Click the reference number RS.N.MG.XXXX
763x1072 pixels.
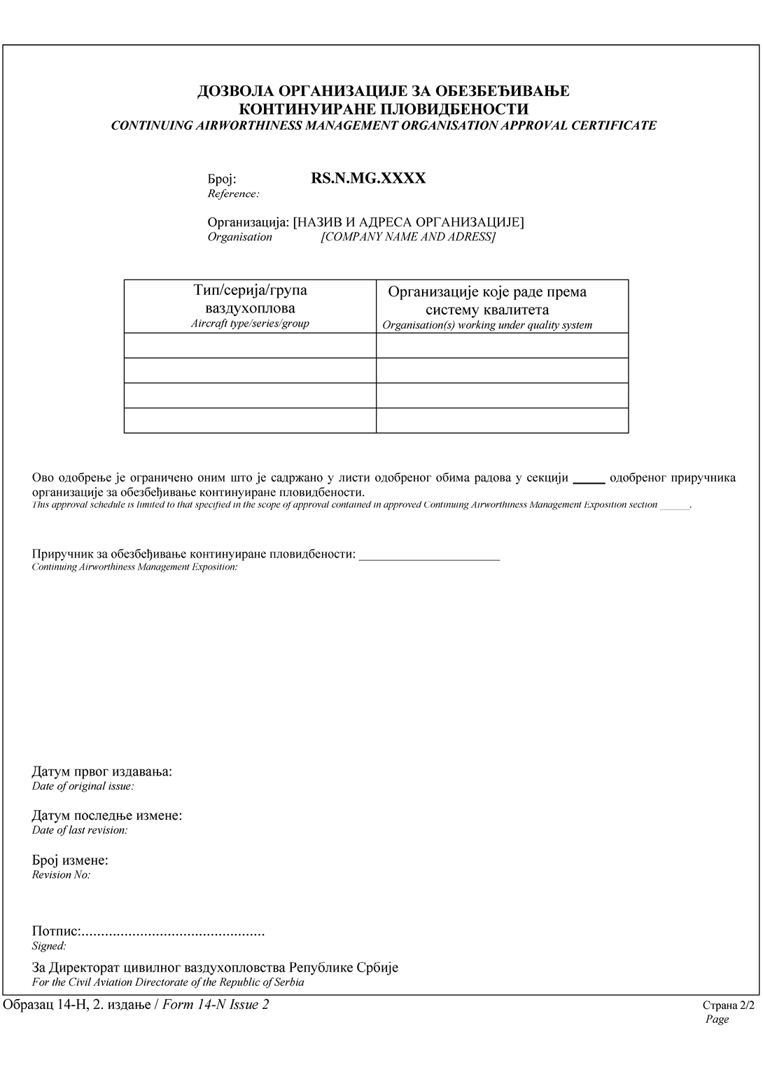tap(367, 178)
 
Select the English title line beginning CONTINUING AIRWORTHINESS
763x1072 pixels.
tap(384, 125)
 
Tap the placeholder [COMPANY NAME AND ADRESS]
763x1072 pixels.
tap(408, 237)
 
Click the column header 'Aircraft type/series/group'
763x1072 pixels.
tap(250, 324)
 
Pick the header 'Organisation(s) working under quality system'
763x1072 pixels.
tap(487, 325)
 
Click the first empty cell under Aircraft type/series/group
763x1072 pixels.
tap(250, 345)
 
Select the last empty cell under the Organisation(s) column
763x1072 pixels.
tap(502, 420)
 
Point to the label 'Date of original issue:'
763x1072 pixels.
tap(83, 786)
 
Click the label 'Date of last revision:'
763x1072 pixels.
tap(80, 830)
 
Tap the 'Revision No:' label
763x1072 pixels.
tap(62, 874)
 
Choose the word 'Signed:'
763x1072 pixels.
tap(49, 946)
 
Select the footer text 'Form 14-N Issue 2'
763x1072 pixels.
tap(216, 1005)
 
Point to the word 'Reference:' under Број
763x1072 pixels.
tap(233, 193)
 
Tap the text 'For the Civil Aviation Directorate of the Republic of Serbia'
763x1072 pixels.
tap(168, 982)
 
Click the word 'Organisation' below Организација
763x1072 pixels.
tap(239, 237)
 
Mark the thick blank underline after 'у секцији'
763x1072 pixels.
tap(589, 481)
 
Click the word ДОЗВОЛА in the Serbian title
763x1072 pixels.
tap(235, 91)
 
